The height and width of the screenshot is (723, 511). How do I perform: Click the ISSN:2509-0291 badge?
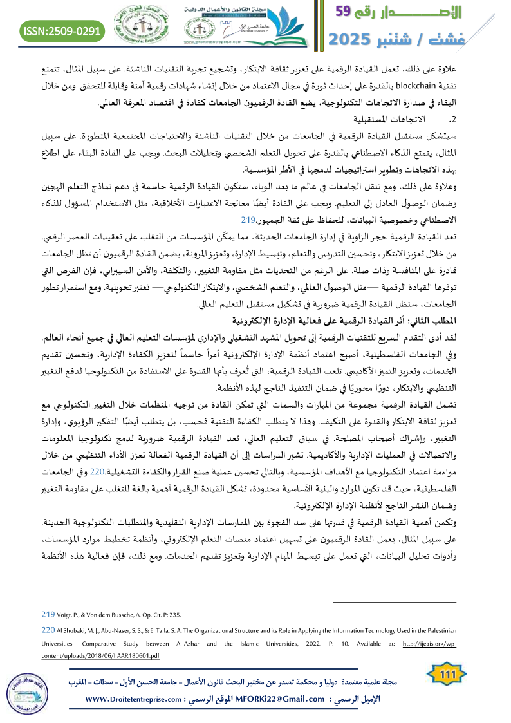(63, 30)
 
